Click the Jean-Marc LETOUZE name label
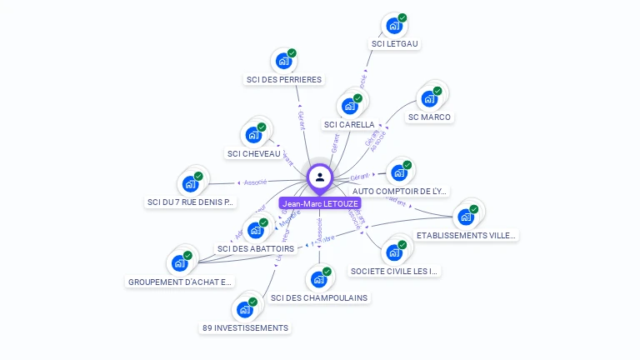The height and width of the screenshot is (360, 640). click(x=321, y=203)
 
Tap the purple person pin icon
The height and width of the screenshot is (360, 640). click(x=320, y=177)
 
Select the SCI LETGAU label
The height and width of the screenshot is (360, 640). click(x=395, y=44)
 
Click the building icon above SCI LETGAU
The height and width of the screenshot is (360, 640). click(x=394, y=26)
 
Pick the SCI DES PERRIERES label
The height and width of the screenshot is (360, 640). click(x=284, y=80)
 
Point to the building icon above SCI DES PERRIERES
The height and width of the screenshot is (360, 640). click(x=284, y=61)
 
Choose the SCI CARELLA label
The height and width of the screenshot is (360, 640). click(x=349, y=125)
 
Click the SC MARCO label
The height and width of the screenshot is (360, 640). click(x=429, y=117)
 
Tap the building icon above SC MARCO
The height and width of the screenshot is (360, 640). click(x=429, y=98)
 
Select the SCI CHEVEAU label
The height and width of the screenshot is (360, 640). click(x=254, y=153)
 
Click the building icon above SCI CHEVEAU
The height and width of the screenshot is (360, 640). click(x=254, y=135)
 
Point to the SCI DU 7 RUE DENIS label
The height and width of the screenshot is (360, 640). click(x=191, y=202)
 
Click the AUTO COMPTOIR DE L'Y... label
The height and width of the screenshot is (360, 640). click(x=400, y=192)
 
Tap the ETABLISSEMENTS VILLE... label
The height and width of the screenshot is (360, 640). click(x=467, y=236)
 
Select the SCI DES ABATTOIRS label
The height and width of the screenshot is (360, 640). click(x=256, y=248)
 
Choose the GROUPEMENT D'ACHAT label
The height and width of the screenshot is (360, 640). click(x=181, y=282)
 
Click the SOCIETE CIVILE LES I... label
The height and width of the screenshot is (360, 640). click(x=395, y=272)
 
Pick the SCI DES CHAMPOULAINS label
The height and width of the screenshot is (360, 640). click(x=319, y=297)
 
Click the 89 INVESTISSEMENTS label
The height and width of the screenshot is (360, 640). click(x=245, y=328)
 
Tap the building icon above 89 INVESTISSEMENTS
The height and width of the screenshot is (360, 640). click(x=245, y=310)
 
